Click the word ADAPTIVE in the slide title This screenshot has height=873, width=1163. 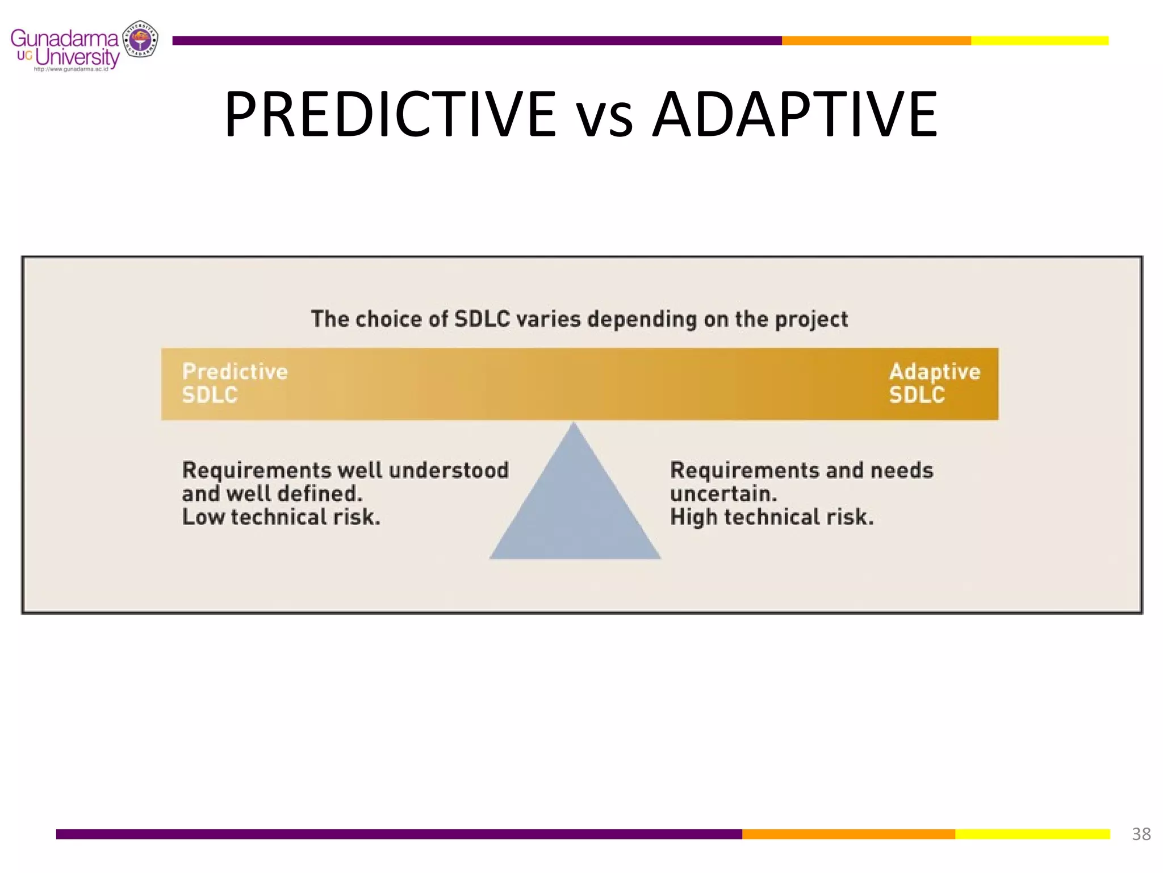[794, 115]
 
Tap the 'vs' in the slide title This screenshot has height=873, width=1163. [604, 119]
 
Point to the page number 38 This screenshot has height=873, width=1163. [1141, 834]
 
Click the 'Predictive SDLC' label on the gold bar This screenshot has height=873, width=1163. [235, 383]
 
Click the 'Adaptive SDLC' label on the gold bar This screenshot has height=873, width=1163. [934, 383]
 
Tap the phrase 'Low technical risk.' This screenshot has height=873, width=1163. [281, 517]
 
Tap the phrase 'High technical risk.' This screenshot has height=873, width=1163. [772, 517]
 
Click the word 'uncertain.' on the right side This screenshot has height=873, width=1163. [723, 493]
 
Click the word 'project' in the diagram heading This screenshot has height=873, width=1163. [811, 319]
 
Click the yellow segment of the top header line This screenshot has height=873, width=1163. [1039, 40]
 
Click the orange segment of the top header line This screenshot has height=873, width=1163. [876, 40]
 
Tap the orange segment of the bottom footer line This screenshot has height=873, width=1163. [848, 834]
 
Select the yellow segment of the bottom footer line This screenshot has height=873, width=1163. [1032, 834]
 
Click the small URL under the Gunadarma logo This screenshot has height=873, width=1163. [71, 69]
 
